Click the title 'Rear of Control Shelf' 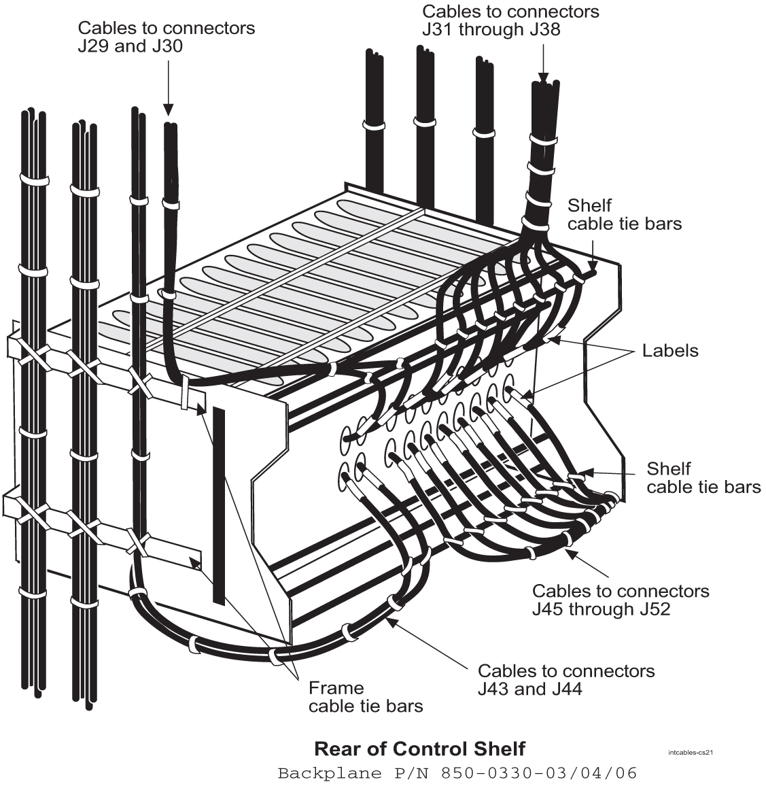(x=419, y=749)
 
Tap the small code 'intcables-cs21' (x=691, y=752)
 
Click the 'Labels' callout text (x=670, y=351)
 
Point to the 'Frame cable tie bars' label (x=365, y=697)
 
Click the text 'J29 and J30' (x=130, y=46)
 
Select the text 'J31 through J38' (x=491, y=29)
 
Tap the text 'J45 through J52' (x=601, y=609)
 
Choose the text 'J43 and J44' (x=529, y=689)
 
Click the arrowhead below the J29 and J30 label (x=168, y=110)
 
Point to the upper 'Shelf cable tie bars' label (x=624, y=214)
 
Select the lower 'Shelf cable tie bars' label (x=703, y=478)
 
